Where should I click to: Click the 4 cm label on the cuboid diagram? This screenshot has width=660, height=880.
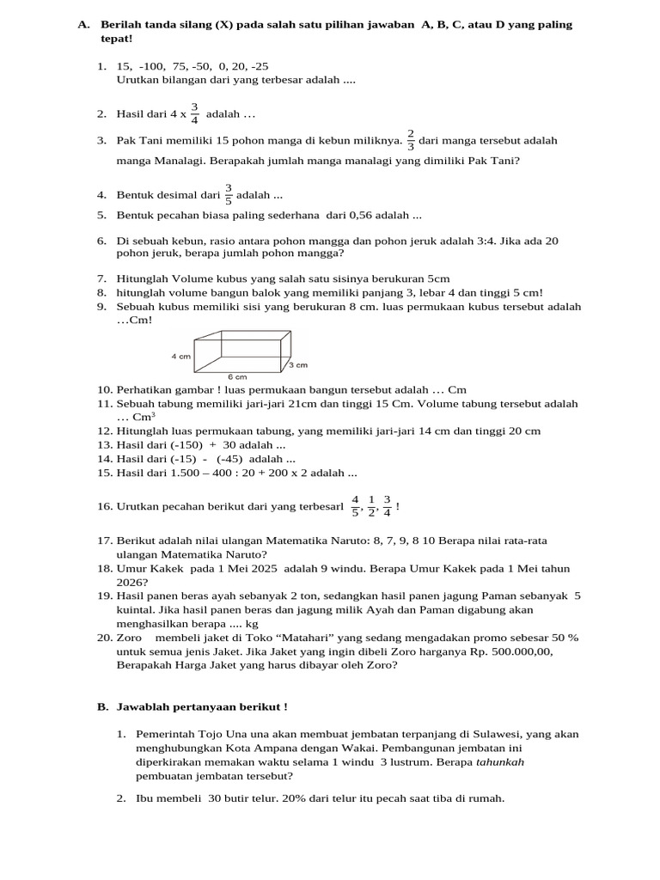180,355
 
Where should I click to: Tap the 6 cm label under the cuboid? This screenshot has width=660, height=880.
237,376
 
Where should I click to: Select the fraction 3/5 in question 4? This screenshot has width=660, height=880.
229,195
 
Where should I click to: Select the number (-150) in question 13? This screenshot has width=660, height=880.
182,444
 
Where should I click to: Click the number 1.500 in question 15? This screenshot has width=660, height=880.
186,472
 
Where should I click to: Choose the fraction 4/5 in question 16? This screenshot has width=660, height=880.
356,506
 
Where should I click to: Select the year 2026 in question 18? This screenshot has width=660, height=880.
131,581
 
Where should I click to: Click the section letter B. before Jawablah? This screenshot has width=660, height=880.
101,706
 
